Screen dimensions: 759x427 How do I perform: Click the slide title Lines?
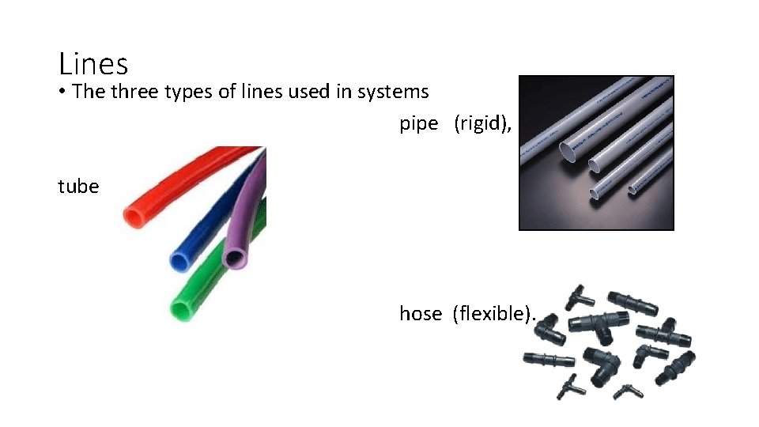[93, 62]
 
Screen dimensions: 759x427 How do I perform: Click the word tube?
[78, 187]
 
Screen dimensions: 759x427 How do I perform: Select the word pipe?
[418, 124]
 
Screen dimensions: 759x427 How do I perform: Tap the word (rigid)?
[482, 124]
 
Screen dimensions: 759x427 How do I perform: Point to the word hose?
[420, 314]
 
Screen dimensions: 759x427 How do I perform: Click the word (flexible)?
[493, 314]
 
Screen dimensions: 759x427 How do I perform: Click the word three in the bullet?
[135, 92]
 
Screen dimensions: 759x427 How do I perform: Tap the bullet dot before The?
[62, 92]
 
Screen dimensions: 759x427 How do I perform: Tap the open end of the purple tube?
[236, 257]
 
